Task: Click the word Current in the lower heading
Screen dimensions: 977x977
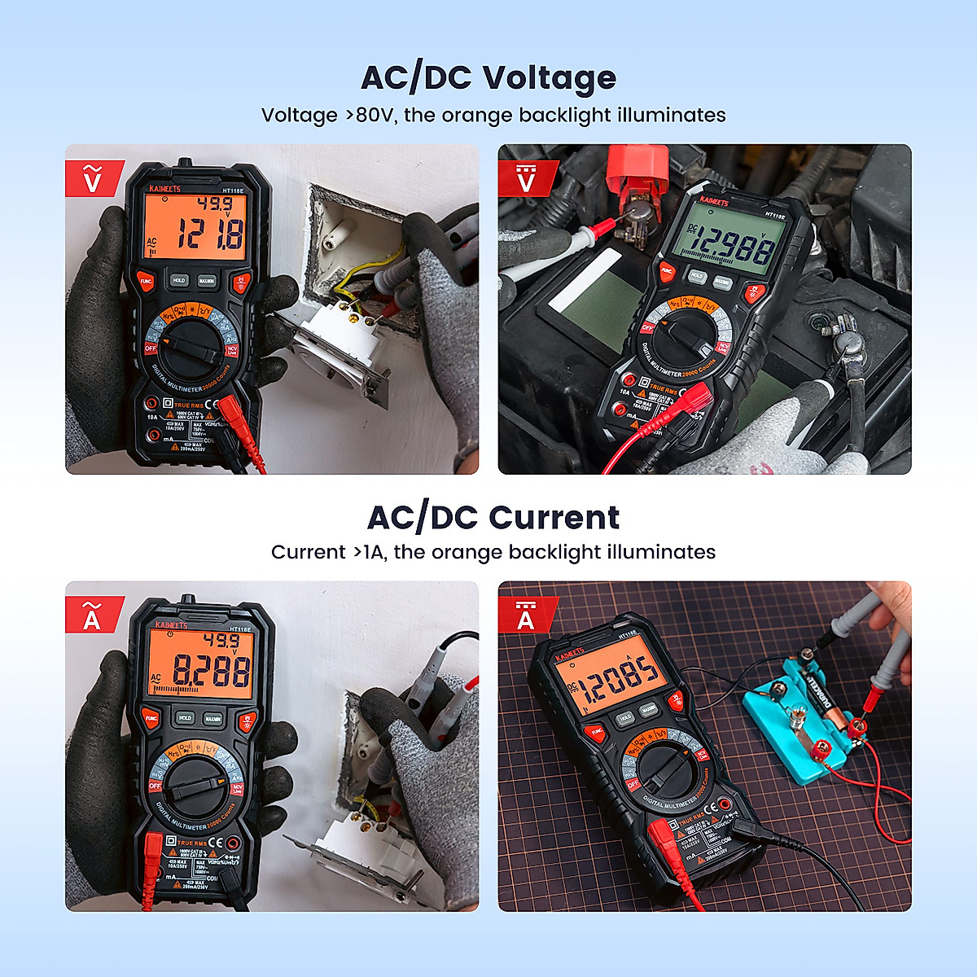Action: [554, 518]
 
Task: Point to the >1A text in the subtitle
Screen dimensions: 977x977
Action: [367, 552]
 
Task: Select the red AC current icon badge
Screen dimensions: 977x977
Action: [93, 615]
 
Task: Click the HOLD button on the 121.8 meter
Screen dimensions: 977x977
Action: [179, 280]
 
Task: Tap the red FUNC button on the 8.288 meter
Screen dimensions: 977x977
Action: [151, 719]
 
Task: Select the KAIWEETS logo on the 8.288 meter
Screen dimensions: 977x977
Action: [172, 625]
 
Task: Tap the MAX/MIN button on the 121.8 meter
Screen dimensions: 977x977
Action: [207, 280]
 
